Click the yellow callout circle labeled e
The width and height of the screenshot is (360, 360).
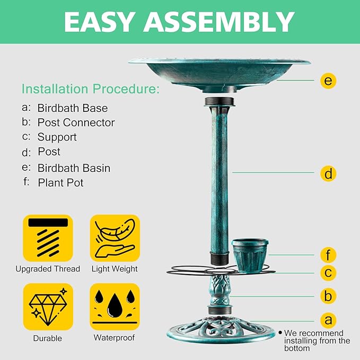click(x=329, y=81)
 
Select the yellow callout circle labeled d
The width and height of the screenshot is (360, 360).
click(x=329, y=173)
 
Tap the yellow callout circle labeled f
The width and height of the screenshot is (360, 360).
click(x=329, y=255)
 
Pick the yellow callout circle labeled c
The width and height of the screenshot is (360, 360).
click(x=329, y=273)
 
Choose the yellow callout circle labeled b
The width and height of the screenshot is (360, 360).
click(x=329, y=296)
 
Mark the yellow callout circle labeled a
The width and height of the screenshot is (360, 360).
click(x=329, y=320)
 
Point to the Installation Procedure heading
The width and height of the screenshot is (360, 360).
click(x=90, y=89)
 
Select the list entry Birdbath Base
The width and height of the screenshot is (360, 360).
click(x=72, y=108)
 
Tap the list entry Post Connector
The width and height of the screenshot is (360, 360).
click(x=76, y=122)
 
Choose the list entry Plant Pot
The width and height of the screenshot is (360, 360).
click(x=60, y=183)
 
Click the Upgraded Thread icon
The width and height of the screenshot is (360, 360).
click(x=48, y=239)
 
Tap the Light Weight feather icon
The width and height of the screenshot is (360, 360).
click(x=115, y=239)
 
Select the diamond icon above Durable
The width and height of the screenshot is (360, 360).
click(x=48, y=307)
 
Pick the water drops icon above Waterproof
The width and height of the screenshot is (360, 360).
click(x=115, y=307)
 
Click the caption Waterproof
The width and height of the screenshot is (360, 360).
click(x=114, y=338)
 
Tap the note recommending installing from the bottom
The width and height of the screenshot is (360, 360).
click(x=317, y=340)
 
